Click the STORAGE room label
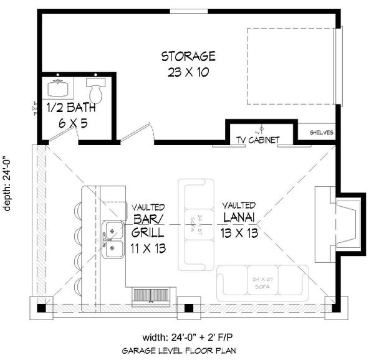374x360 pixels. tap(188, 57)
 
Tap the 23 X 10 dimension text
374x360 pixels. tap(188, 72)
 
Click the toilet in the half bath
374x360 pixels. tap(95, 92)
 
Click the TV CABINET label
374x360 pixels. tap(257, 140)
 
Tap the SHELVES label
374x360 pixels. tap(322, 133)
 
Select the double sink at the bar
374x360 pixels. tap(113, 240)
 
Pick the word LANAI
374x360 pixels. tap(239, 219)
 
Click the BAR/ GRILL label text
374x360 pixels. tap(148, 226)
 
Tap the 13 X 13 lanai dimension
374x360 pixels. tap(239, 234)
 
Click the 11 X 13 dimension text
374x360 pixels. tap(148, 249)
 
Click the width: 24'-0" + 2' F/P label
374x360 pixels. tap(187, 339)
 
